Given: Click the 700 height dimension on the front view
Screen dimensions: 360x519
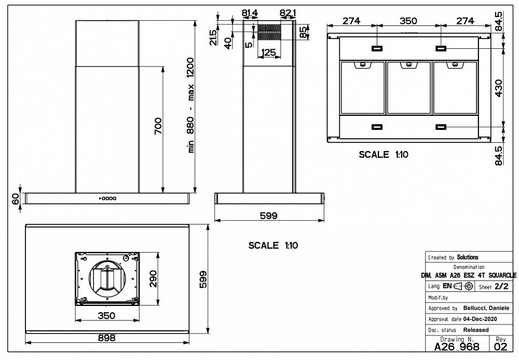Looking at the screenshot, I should click(159, 128).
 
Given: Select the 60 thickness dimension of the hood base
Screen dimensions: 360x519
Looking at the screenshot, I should click(16, 198).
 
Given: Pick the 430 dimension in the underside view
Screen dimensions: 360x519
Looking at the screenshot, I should click(499, 88).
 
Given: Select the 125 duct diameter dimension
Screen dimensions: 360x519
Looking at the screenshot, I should click(268, 52).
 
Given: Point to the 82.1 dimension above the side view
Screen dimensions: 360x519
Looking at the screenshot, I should click(288, 12).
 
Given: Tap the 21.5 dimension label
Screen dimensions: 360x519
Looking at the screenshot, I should click(213, 37).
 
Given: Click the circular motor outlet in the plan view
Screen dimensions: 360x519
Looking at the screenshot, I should click(107, 279).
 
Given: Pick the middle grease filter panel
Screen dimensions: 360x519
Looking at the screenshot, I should click(409, 87).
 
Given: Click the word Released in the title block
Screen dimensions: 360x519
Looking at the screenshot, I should click(475, 329).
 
